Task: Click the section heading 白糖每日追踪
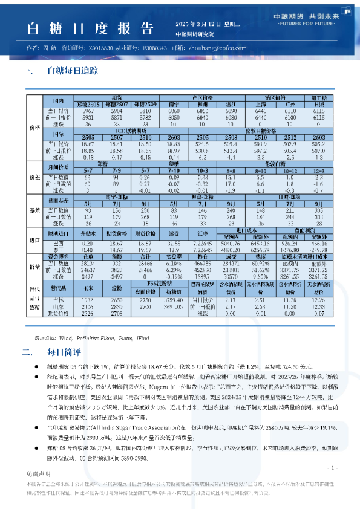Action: (73, 71)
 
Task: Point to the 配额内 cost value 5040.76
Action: (231, 242)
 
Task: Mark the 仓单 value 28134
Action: (88, 264)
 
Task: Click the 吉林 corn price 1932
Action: (87, 300)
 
